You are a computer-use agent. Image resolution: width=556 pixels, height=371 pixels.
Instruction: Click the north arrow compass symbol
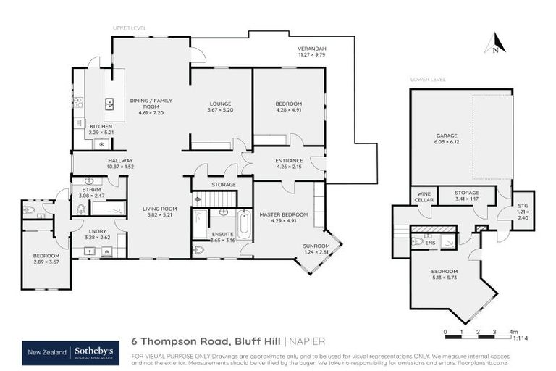494,44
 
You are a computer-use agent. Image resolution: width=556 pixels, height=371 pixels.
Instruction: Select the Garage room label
446,136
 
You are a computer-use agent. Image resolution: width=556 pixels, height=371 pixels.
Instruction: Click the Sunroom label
317,246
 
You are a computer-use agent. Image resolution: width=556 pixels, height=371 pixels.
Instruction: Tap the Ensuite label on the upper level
222,235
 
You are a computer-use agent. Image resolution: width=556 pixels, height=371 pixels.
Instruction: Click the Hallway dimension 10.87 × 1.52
120,167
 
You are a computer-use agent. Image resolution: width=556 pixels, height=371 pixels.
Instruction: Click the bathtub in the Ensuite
244,225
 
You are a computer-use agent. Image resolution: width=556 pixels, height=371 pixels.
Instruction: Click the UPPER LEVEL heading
130,28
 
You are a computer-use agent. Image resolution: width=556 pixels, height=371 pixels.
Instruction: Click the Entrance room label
288,161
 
